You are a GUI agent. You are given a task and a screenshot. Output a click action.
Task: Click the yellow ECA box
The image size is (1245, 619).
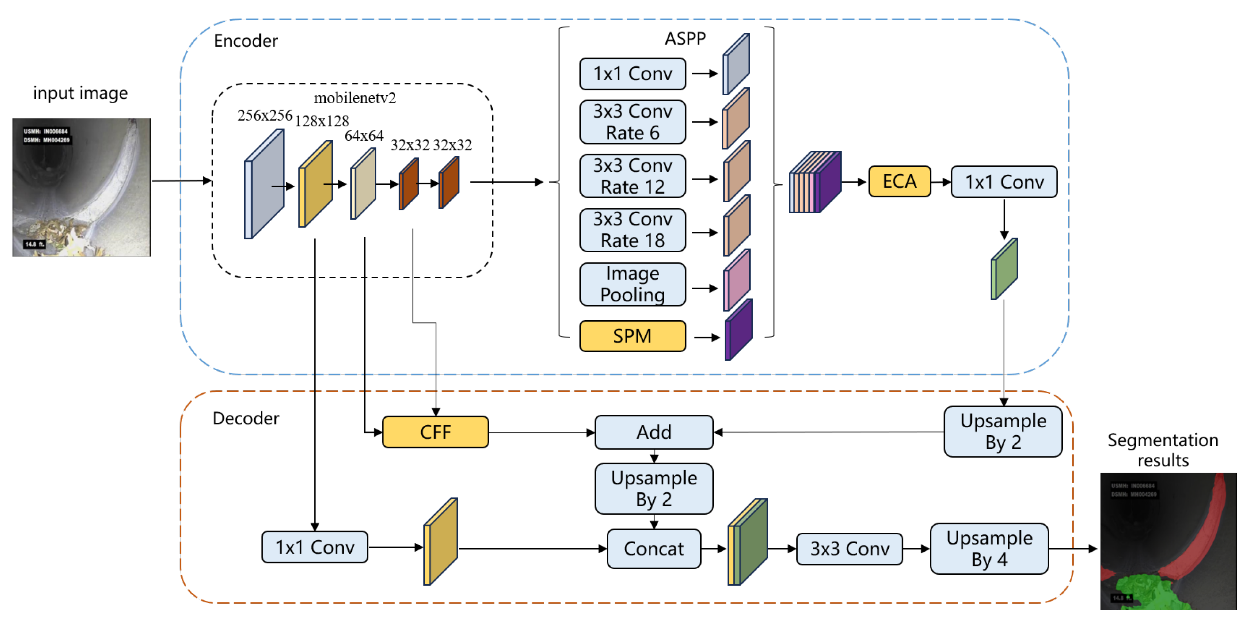pyautogui.click(x=899, y=182)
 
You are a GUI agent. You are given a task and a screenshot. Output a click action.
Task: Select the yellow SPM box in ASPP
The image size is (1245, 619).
pyautogui.click(x=632, y=336)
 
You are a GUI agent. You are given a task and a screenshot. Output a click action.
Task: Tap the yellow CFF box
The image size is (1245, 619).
pyautogui.click(x=435, y=432)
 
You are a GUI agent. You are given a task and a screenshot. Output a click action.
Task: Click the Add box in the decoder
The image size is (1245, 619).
pyautogui.click(x=653, y=432)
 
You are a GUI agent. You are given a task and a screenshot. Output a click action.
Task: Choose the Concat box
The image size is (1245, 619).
pyautogui.click(x=653, y=548)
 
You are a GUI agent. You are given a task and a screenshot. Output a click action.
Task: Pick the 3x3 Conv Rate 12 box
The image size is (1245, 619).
pyautogui.click(x=632, y=176)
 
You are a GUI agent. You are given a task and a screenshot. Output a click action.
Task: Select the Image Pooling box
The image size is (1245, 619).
pyautogui.click(x=632, y=284)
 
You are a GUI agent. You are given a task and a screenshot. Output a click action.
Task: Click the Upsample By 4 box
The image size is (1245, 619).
pyautogui.click(x=989, y=548)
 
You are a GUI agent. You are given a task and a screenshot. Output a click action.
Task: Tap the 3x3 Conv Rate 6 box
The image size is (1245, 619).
pyautogui.click(x=632, y=122)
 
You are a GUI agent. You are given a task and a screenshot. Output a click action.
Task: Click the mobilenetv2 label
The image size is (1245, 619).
pyautogui.click(x=355, y=98)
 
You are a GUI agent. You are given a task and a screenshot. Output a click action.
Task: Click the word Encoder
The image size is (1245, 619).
pyautogui.click(x=246, y=41)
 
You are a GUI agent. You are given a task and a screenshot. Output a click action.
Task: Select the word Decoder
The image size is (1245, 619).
pyautogui.click(x=246, y=418)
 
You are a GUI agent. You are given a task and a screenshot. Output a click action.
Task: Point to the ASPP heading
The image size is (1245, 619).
pyautogui.click(x=685, y=39)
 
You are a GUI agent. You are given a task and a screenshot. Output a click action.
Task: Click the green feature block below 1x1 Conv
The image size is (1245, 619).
pyautogui.click(x=1004, y=269)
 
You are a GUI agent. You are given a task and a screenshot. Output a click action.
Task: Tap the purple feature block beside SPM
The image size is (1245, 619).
pyautogui.click(x=738, y=330)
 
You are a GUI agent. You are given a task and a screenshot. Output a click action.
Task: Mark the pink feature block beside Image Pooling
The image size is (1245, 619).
pyautogui.click(x=736, y=281)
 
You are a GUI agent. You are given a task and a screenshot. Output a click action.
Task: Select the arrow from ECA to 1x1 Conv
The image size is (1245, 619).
pyautogui.click(x=940, y=182)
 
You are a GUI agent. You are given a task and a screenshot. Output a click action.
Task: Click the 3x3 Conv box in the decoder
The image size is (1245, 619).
pyautogui.click(x=849, y=548)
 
